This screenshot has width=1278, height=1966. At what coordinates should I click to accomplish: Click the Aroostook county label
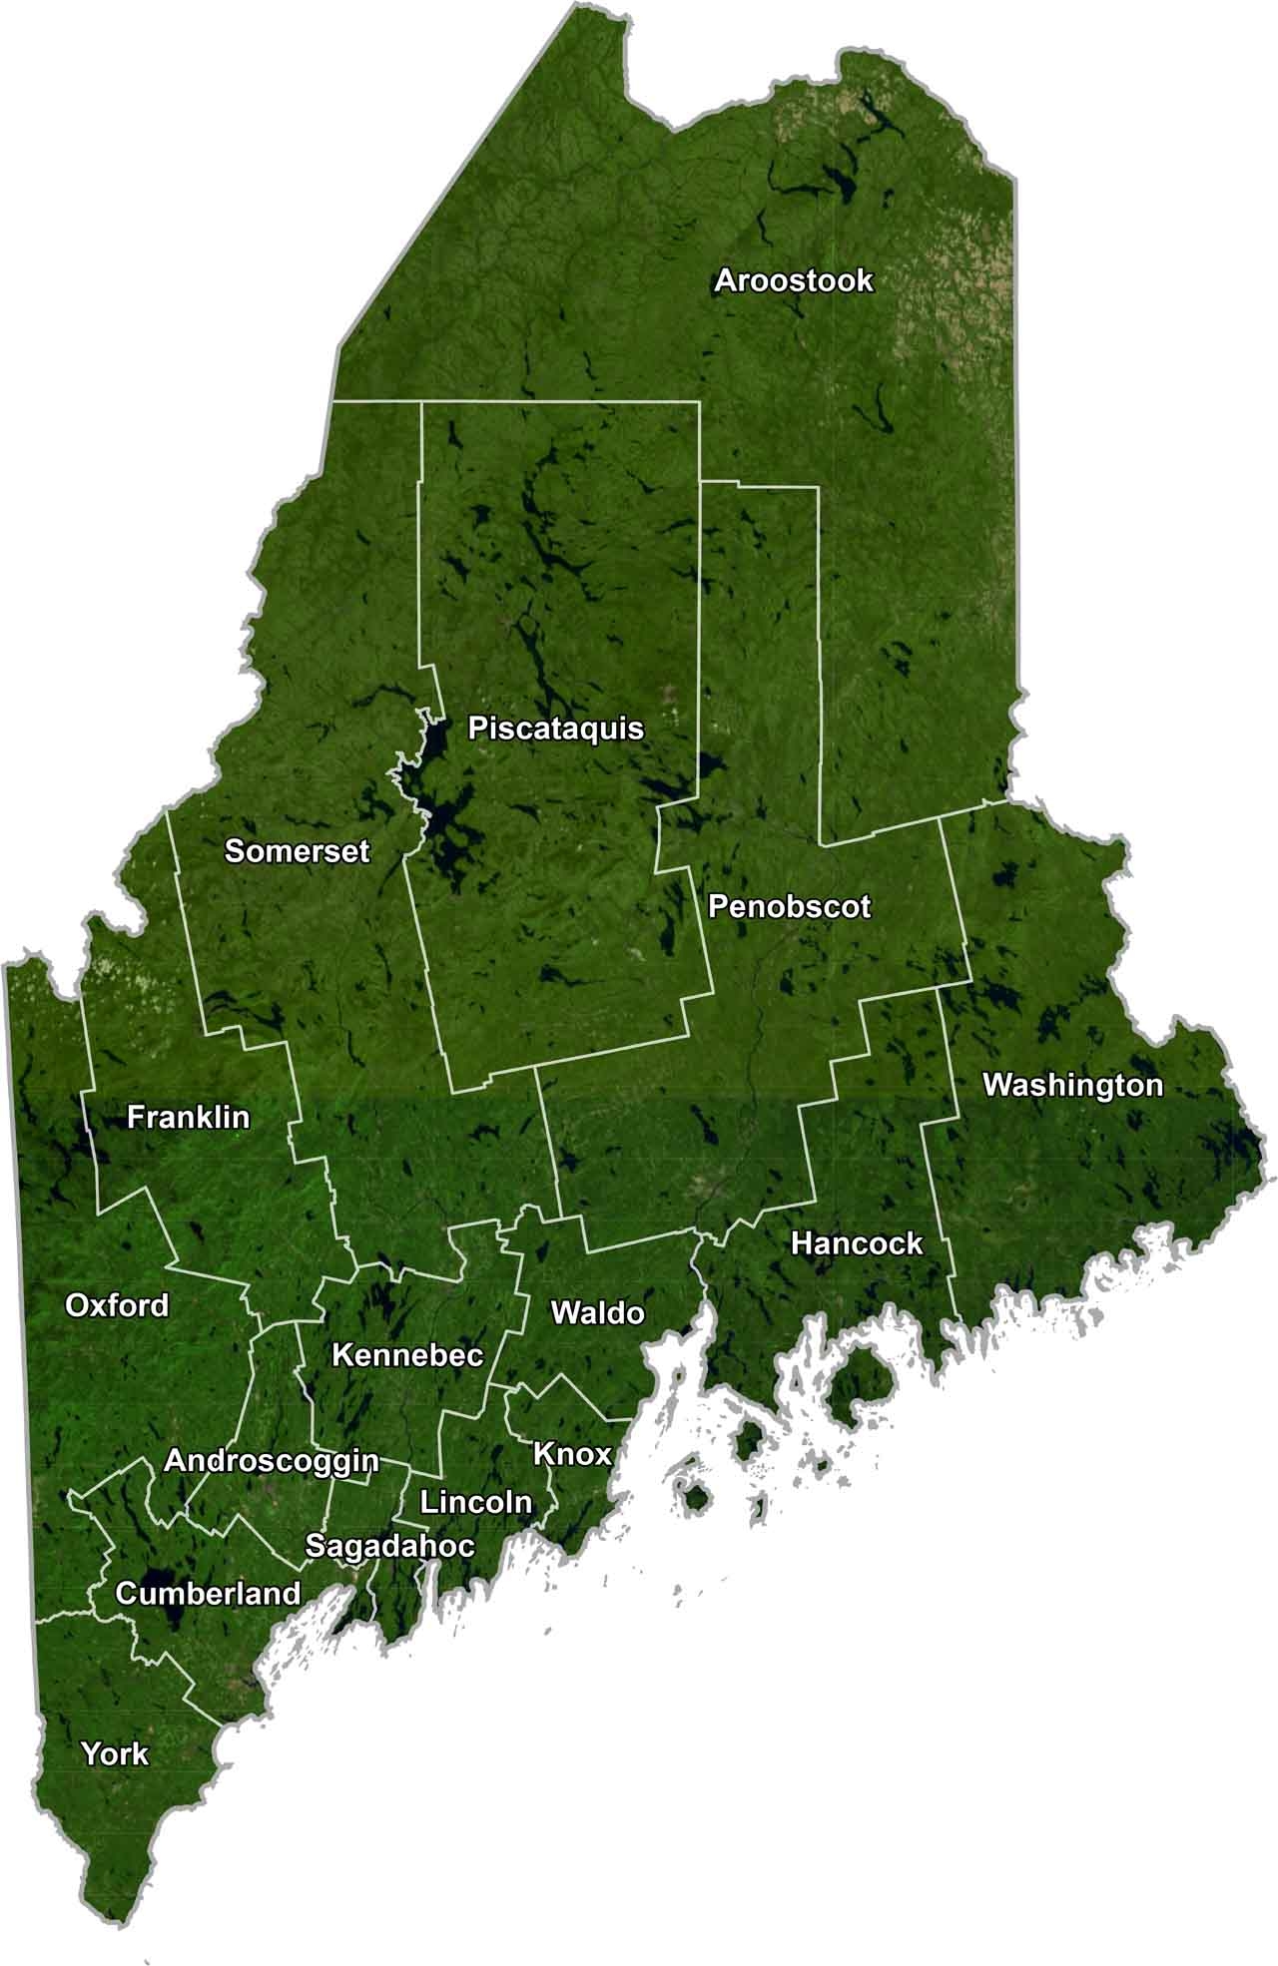pyautogui.click(x=794, y=281)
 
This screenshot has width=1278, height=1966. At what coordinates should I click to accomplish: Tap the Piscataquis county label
pyautogui.click(x=556, y=729)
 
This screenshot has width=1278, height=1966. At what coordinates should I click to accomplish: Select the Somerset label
pyautogui.click(x=297, y=851)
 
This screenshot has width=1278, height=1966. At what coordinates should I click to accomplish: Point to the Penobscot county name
pyautogui.click(x=789, y=907)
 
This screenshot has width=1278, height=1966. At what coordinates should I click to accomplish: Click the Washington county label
pyautogui.click(x=1072, y=1085)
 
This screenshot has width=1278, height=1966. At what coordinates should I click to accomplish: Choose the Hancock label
pyautogui.click(x=857, y=1243)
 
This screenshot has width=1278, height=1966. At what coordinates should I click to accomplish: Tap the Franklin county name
pyautogui.click(x=189, y=1117)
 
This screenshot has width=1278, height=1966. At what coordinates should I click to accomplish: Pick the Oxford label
pyautogui.click(x=117, y=1305)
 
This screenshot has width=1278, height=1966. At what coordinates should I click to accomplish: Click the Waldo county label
pyautogui.click(x=597, y=1312)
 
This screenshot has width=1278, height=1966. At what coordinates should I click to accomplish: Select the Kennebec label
pyautogui.click(x=407, y=1355)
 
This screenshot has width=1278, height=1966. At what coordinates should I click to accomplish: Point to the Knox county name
pyautogui.click(x=572, y=1454)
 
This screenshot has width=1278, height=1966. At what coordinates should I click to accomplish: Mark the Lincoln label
pyautogui.click(x=476, y=1502)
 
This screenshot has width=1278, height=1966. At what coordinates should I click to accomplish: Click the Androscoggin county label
pyautogui.click(x=272, y=1461)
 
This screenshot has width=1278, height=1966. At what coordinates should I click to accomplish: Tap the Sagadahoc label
pyautogui.click(x=389, y=1547)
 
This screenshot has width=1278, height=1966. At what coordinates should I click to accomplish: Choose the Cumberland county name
pyautogui.click(x=208, y=1594)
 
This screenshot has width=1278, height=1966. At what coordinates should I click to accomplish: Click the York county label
pyautogui.click(x=115, y=1753)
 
